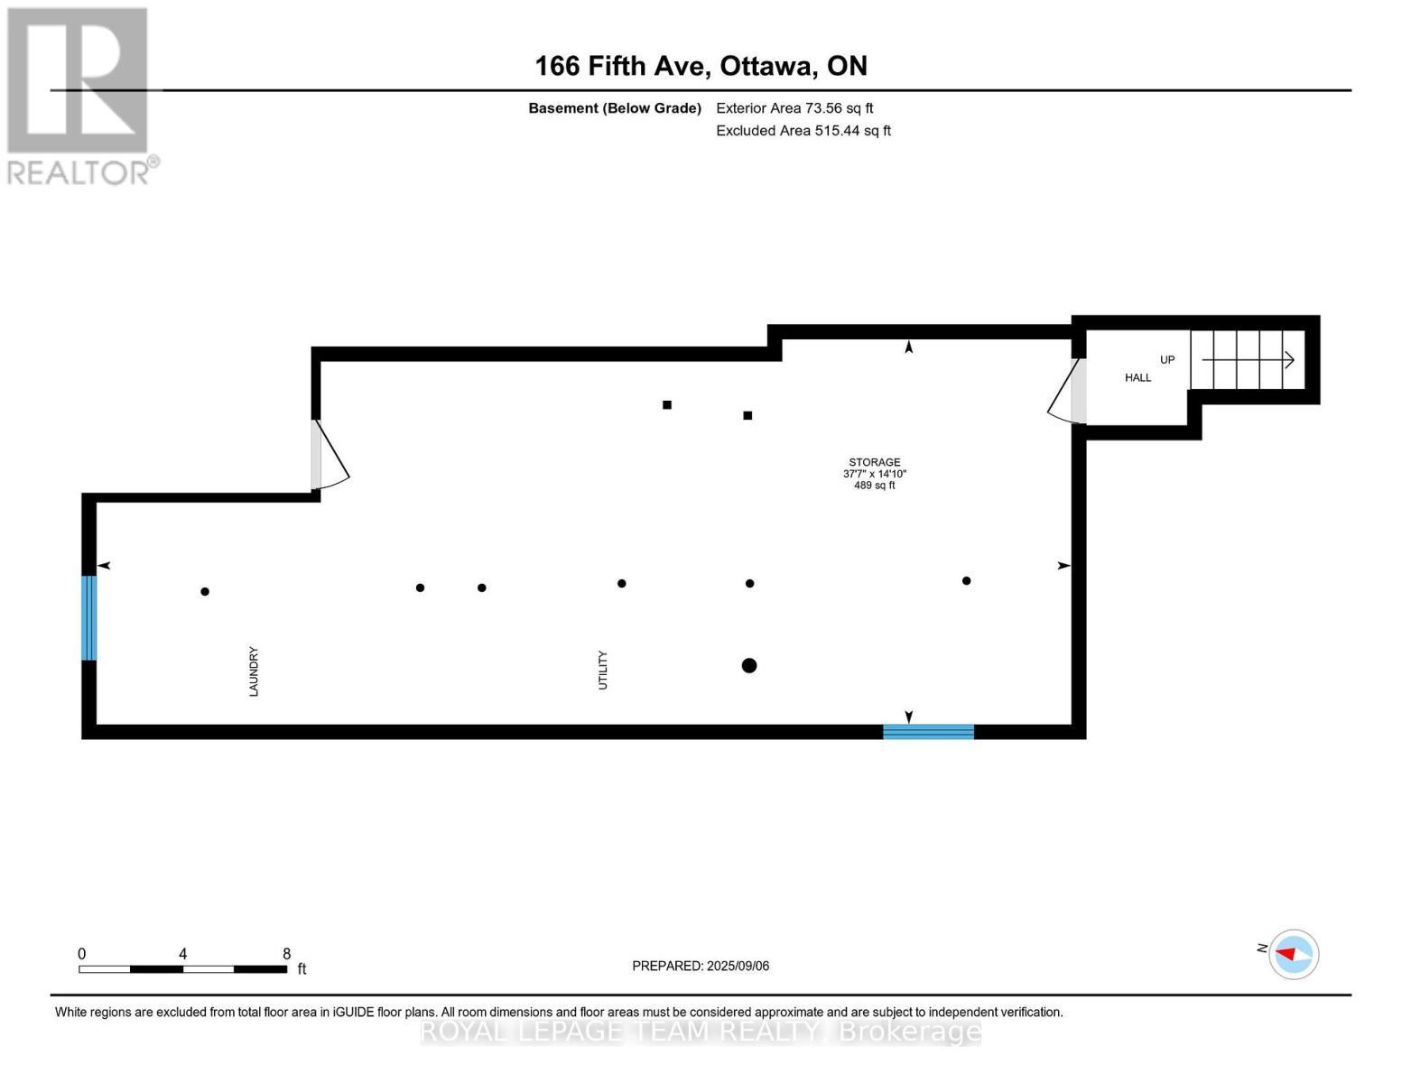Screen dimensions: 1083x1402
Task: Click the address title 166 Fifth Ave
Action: click(701, 66)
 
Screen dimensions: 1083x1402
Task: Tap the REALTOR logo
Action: click(79, 96)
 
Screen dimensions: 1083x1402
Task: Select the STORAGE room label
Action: click(874, 462)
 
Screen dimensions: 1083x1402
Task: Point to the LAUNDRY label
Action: click(254, 671)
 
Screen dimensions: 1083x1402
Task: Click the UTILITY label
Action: click(603, 670)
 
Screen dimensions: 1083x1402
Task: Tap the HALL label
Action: click(1137, 377)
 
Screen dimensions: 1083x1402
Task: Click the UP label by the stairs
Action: click(1167, 359)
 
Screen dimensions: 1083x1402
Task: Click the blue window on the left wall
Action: click(88, 618)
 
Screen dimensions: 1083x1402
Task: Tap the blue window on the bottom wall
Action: click(928, 732)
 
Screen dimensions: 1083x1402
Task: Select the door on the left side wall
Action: click(327, 456)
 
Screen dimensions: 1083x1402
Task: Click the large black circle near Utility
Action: click(748, 666)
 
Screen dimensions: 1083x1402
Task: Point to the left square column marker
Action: click(667, 404)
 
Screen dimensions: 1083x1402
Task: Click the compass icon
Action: click(1293, 954)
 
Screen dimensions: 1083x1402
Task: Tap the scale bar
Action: click(182, 969)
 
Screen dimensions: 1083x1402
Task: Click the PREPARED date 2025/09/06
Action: click(701, 966)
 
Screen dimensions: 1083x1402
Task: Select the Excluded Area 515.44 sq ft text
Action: click(803, 131)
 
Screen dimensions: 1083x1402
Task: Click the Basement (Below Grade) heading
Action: click(615, 108)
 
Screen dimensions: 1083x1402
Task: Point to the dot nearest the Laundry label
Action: click(205, 592)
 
